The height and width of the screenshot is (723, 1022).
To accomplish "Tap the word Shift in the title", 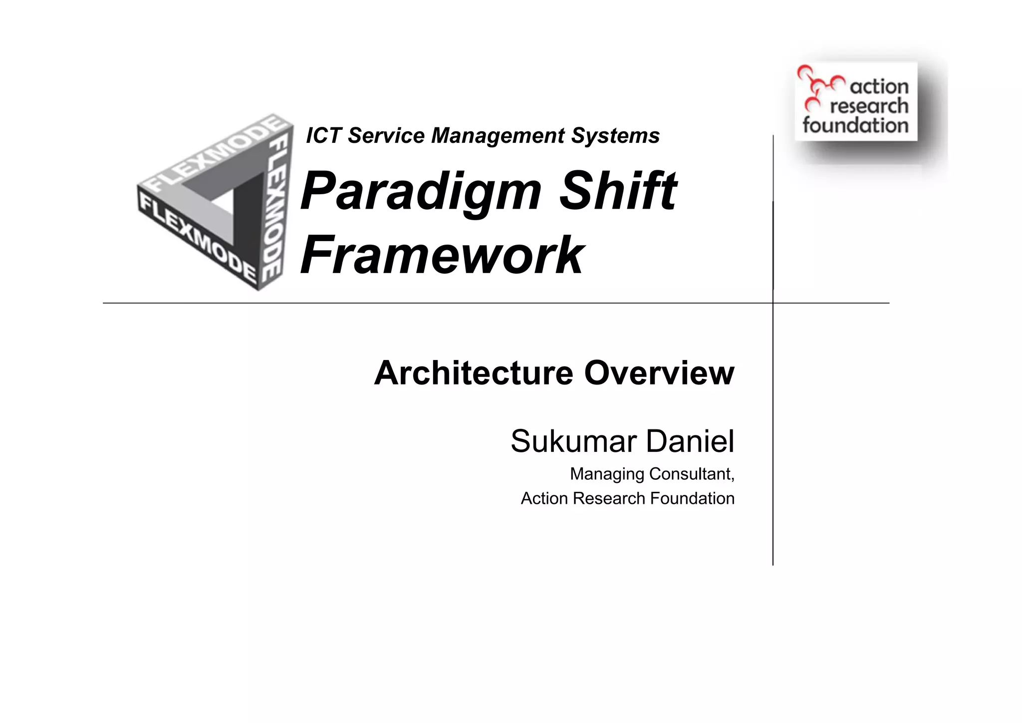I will pos(617,190).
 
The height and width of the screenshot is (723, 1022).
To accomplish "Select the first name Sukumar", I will pos(573,441).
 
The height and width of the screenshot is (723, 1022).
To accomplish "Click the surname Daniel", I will pos(690,441).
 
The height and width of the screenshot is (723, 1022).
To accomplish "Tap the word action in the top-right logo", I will pos(879,87).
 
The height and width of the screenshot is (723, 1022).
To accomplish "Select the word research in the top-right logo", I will pos(869,106).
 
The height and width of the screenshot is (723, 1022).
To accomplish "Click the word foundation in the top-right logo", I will pos(855,125).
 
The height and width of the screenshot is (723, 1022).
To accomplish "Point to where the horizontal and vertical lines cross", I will pos(773,303).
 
